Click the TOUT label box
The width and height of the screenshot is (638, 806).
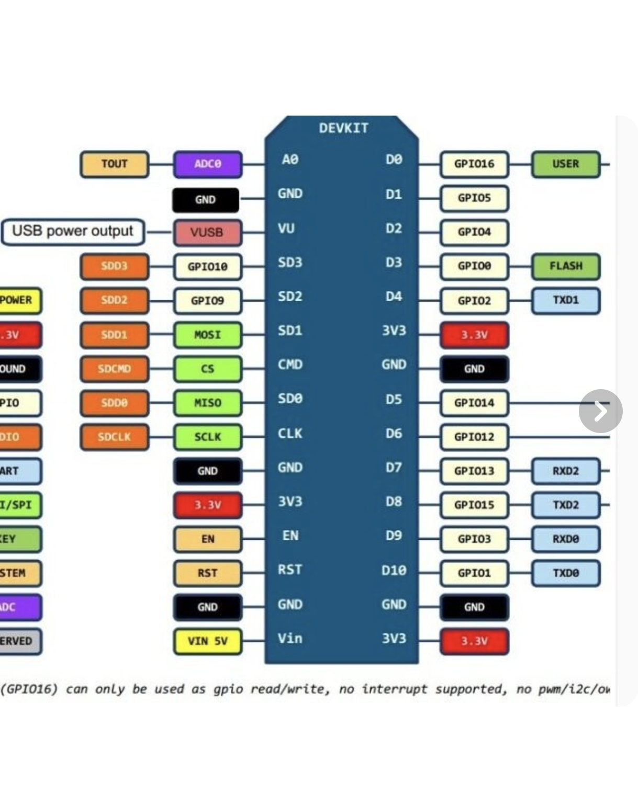pyautogui.click(x=114, y=164)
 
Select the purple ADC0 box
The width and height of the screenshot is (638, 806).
pyautogui.click(x=208, y=164)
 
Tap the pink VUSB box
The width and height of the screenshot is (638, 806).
pyautogui.click(x=207, y=232)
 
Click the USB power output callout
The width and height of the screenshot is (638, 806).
pyautogui.click(x=73, y=232)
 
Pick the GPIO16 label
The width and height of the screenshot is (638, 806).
pyautogui.click(x=474, y=164)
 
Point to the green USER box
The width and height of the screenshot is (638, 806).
pyautogui.click(x=566, y=164)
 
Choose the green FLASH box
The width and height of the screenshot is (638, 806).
pyautogui.click(x=566, y=266)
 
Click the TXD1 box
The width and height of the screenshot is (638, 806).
pyautogui.click(x=566, y=300)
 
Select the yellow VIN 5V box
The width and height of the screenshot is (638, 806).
pyautogui.click(x=208, y=641)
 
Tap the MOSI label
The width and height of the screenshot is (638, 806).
pyautogui.click(x=208, y=335)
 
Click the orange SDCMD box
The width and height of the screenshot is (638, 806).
pyautogui.click(x=114, y=369)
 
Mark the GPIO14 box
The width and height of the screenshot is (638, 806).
pyautogui.click(x=474, y=403)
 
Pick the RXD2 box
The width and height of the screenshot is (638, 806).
pyautogui.click(x=566, y=471)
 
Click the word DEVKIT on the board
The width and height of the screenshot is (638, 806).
pyautogui.click(x=344, y=128)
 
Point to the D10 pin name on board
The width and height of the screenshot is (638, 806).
pyautogui.click(x=394, y=570)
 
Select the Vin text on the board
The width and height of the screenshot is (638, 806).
pyautogui.click(x=290, y=639)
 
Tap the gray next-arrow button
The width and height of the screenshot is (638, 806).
pyautogui.click(x=600, y=411)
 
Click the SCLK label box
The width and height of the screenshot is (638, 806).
pyautogui.click(x=208, y=437)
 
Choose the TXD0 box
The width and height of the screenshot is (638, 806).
pyautogui.click(x=566, y=573)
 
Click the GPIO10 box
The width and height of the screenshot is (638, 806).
pyautogui.click(x=208, y=267)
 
